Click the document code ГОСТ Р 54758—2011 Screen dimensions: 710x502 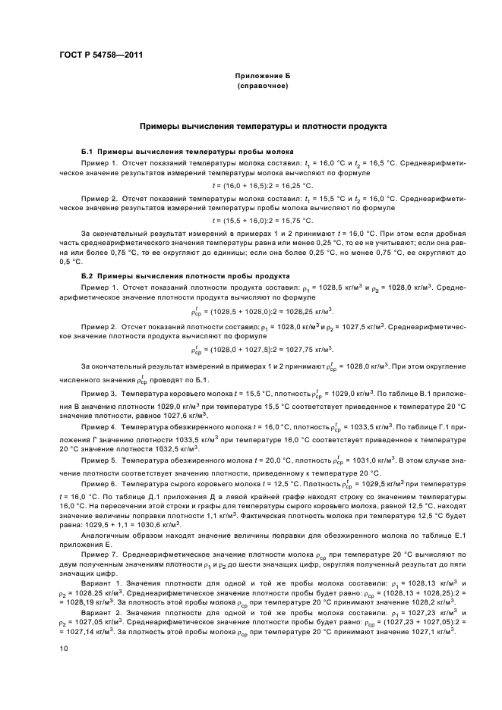pyautogui.click(x=101, y=55)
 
